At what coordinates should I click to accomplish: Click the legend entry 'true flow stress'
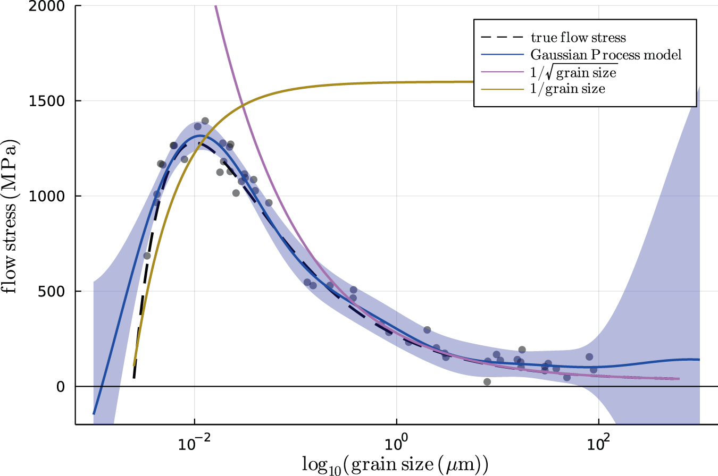[x=578, y=38]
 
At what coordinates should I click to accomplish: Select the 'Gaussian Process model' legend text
[x=606, y=55]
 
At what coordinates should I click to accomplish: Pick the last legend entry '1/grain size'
[x=567, y=89]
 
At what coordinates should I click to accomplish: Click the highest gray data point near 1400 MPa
[x=205, y=121]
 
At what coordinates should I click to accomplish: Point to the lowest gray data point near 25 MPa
[x=487, y=381]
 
